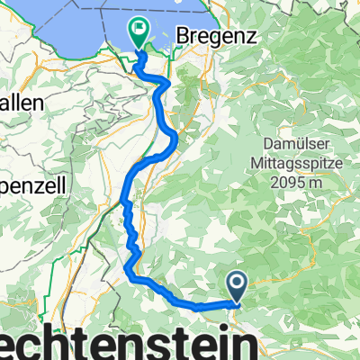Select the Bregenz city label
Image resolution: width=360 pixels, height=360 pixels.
click(x=219, y=35)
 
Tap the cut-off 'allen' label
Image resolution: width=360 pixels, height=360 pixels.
click(x=21, y=103)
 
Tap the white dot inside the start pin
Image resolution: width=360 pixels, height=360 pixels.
click(x=238, y=284)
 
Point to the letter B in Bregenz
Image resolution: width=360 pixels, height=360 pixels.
click(x=184, y=35)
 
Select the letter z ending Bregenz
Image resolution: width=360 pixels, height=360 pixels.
click(x=254, y=35)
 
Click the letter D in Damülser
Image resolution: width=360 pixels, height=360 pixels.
click(x=247, y=145)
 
